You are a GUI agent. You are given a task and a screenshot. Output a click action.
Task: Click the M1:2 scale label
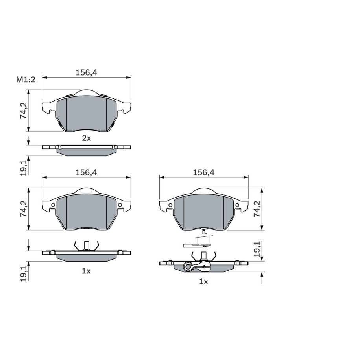click(x=26, y=79)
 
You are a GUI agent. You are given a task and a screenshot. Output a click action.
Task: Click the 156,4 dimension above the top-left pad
click(x=87, y=72)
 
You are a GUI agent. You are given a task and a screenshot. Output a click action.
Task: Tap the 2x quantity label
click(x=87, y=138)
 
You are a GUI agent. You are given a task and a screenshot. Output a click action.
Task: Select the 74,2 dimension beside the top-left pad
click(x=24, y=111)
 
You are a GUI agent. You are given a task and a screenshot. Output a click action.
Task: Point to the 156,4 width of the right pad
click(x=204, y=172)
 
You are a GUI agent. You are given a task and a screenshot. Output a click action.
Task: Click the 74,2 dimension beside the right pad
click(x=257, y=209)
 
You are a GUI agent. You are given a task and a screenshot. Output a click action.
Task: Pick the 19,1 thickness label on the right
click(x=257, y=249)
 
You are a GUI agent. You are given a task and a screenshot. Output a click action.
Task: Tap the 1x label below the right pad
click(x=203, y=281)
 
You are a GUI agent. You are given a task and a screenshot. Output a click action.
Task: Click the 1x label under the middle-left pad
click(x=86, y=271)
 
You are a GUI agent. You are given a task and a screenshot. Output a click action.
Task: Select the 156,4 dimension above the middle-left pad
click(x=86, y=172)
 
